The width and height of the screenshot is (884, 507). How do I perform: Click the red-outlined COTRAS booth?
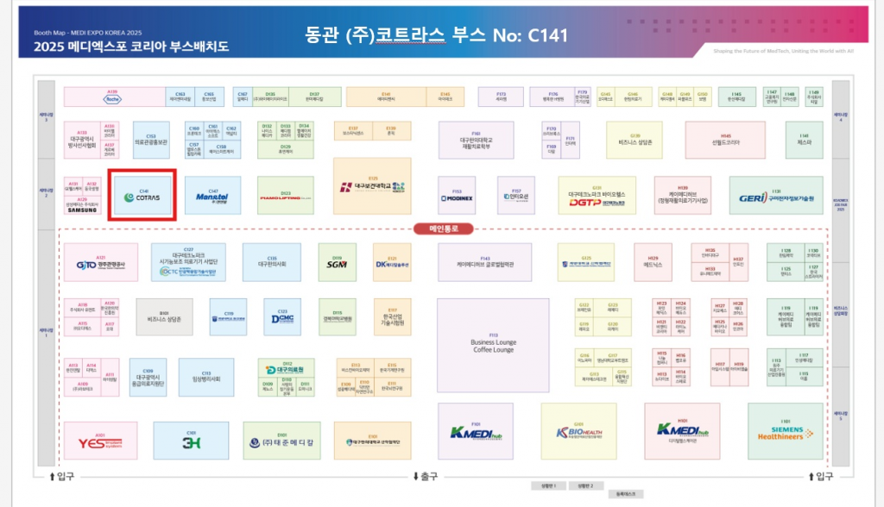coord(142,195)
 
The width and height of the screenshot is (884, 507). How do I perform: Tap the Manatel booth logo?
coord(212,197)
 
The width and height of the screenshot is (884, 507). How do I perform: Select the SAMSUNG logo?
coord(83,209)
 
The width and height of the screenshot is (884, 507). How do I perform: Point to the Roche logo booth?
coord(112,98)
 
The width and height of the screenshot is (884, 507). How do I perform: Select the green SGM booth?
coord(337,263)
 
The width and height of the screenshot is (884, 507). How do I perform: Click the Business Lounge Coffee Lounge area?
coord(493,344)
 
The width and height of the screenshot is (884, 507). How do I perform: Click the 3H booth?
coord(192,442)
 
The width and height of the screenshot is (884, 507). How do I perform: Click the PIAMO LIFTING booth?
coord(286,197)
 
